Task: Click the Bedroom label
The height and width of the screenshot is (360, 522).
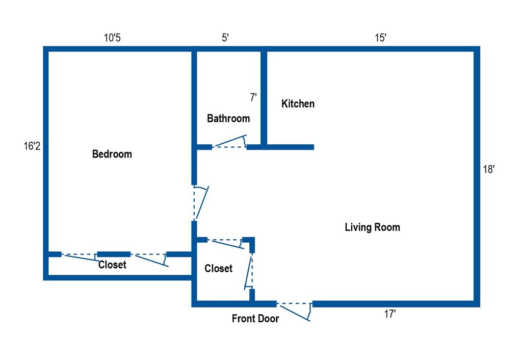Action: click(x=112, y=154)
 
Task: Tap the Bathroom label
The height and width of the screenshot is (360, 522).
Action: click(x=228, y=119)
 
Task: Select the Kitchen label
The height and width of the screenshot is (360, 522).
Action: click(x=298, y=104)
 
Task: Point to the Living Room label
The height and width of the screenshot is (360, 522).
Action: click(x=372, y=227)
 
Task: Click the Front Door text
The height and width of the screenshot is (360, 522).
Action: click(x=255, y=319)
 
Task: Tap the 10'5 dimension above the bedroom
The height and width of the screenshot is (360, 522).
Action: click(x=112, y=38)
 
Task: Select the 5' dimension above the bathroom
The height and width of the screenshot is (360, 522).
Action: click(x=225, y=38)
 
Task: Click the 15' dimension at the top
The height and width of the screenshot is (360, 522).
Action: click(x=380, y=38)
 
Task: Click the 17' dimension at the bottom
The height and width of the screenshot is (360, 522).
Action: click(x=390, y=315)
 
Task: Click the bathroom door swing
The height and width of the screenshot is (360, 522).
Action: click(x=230, y=142)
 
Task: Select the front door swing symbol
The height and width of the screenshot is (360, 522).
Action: click(x=295, y=311)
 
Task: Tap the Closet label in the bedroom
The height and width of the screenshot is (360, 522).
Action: click(x=112, y=265)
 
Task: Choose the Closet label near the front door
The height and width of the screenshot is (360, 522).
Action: click(x=218, y=269)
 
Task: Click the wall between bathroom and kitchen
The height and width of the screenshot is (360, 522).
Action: click(x=264, y=97)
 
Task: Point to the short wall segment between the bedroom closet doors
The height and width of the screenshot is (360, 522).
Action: click(x=114, y=254)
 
